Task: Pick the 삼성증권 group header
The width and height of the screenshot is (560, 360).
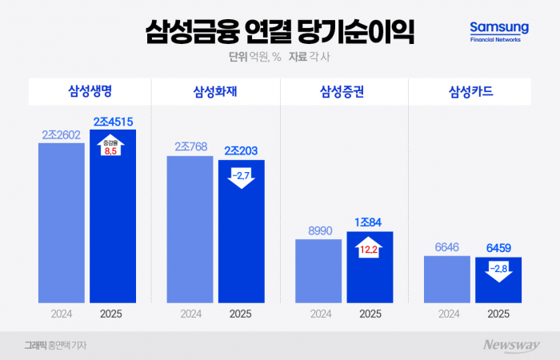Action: click(x=343, y=90)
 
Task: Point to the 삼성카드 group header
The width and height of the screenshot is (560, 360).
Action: click(x=471, y=90)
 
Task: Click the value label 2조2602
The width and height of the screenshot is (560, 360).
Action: click(x=62, y=134)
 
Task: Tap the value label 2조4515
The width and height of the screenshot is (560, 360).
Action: click(x=113, y=122)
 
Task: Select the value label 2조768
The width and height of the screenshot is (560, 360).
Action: click(x=190, y=147)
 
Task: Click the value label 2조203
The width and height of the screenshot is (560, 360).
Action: click(x=241, y=150)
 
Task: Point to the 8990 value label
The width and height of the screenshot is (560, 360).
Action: click(x=318, y=230)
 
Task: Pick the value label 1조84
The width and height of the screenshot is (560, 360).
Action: click(x=370, y=222)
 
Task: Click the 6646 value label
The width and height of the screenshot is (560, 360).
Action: click(x=446, y=248)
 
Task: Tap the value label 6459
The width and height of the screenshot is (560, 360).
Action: click(x=498, y=248)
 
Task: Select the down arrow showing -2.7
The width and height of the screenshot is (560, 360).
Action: click(x=241, y=175)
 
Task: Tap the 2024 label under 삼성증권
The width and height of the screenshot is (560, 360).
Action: click(x=318, y=314)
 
